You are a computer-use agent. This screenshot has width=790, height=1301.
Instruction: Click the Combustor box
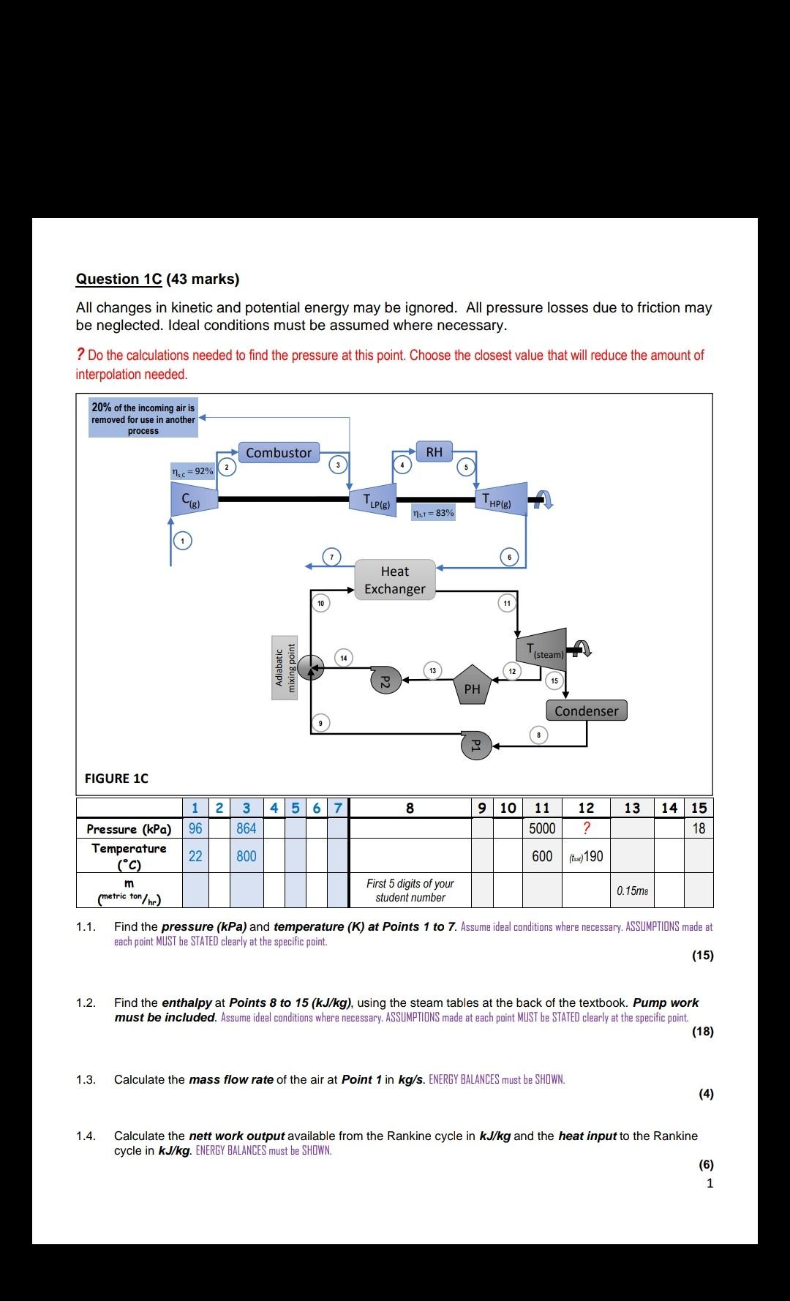(x=279, y=453)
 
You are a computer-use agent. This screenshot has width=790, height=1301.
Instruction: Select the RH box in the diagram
(x=434, y=452)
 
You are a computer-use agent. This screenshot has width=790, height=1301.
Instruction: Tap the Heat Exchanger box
(x=395, y=580)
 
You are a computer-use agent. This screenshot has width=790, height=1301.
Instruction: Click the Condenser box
(x=586, y=711)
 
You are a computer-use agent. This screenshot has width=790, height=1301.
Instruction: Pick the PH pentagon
(x=472, y=685)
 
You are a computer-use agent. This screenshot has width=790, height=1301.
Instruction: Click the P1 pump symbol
(x=474, y=744)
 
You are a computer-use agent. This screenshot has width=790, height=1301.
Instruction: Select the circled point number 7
(x=331, y=557)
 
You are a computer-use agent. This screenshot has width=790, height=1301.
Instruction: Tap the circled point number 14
(x=343, y=658)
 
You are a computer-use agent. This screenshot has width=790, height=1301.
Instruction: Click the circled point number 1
(x=182, y=541)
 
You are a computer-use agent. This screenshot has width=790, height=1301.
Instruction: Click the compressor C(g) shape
(x=192, y=500)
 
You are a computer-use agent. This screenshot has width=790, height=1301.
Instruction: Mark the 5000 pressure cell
(x=542, y=828)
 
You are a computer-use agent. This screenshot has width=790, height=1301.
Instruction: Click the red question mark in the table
(x=586, y=828)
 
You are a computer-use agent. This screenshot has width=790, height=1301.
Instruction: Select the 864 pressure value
(x=247, y=828)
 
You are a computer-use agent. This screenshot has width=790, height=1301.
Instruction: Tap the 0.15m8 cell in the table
(x=632, y=891)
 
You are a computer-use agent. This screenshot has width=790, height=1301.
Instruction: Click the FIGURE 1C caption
(x=116, y=779)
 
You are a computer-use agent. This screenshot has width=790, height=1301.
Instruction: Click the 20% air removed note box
(x=143, y=419)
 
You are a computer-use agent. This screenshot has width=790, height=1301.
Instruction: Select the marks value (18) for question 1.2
(x=702, y=1032)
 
